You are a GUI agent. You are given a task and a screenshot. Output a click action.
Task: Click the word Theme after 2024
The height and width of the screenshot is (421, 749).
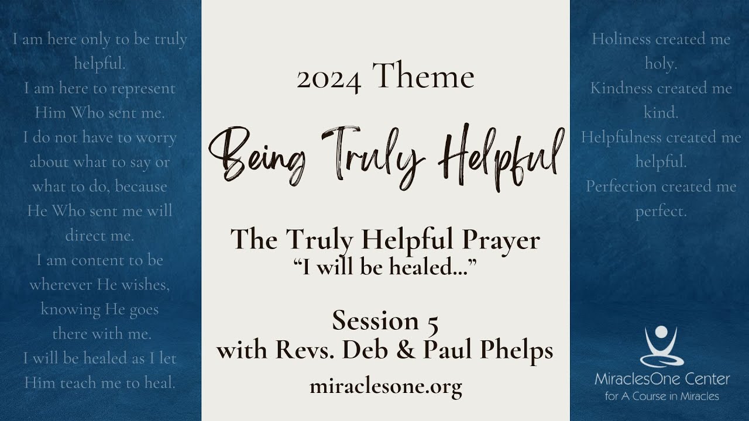423,75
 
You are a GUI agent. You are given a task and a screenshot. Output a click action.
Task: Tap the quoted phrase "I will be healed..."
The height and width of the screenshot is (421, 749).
384,267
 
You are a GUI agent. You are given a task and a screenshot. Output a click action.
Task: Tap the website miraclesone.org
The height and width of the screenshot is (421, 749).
386,387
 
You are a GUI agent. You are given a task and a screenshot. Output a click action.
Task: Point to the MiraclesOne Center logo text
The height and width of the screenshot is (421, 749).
662,379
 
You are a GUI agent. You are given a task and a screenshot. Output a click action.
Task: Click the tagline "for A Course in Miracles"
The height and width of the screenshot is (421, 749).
662,396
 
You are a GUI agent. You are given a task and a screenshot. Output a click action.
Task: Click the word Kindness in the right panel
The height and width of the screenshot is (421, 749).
621,88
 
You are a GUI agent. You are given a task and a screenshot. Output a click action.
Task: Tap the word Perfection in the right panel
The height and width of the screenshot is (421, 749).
621,186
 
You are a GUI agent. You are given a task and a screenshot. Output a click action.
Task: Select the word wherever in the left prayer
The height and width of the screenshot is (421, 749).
61,285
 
